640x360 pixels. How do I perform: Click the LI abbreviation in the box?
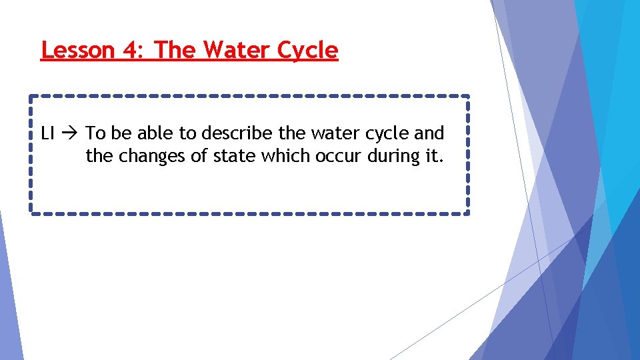tap(47, 133)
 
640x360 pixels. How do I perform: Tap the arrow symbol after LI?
tap(71, 133)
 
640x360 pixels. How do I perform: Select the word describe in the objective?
tap(237, 133)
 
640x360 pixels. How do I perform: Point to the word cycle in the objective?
tap(386, 134)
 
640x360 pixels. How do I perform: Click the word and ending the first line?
tap(429, 133)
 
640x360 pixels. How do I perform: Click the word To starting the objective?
tap(96, 133)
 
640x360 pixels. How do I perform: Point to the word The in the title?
tap(176, 50)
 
